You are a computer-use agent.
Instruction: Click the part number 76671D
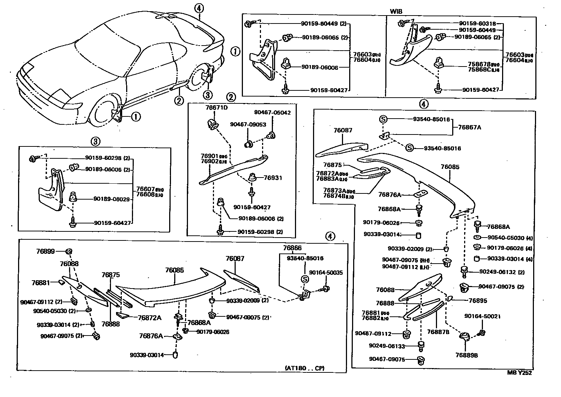[215, 108]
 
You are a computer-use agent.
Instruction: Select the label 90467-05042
[272, 112]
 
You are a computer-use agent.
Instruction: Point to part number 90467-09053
[248, 124]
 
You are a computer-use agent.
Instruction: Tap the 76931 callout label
[273, 178]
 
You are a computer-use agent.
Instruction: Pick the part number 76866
[292, 248]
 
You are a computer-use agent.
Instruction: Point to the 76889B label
[467, 355]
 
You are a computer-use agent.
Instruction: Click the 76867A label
[470, 127]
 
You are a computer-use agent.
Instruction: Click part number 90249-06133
[387, 346]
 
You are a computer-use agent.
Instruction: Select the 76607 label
[145, 189]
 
